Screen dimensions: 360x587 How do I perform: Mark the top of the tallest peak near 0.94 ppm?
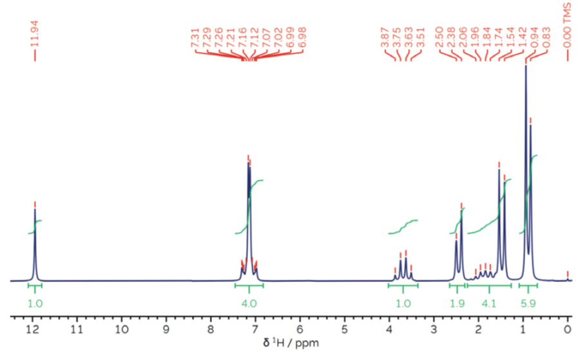[526, 66]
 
